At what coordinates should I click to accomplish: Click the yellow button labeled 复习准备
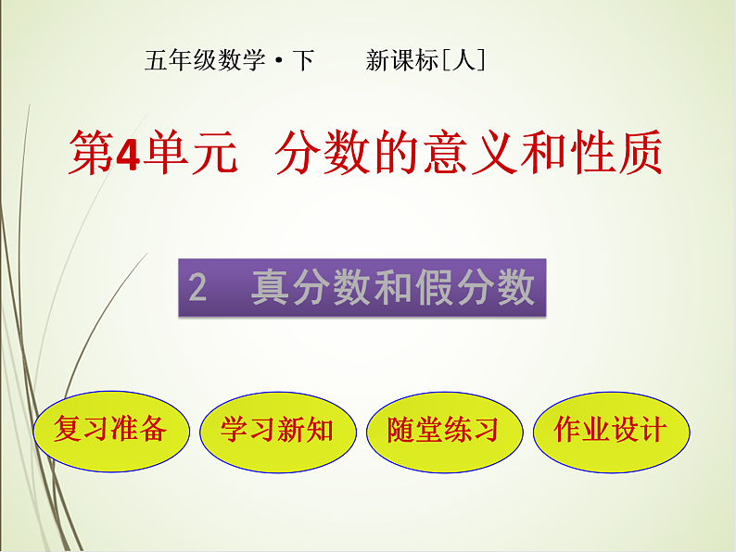(110, 431)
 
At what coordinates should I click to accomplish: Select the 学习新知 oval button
(277, 431)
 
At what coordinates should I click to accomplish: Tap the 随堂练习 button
(443, 431)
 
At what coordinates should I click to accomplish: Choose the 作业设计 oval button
(610, 431)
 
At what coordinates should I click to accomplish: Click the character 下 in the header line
(303, 62)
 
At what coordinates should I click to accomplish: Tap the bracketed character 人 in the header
(464, 62)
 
